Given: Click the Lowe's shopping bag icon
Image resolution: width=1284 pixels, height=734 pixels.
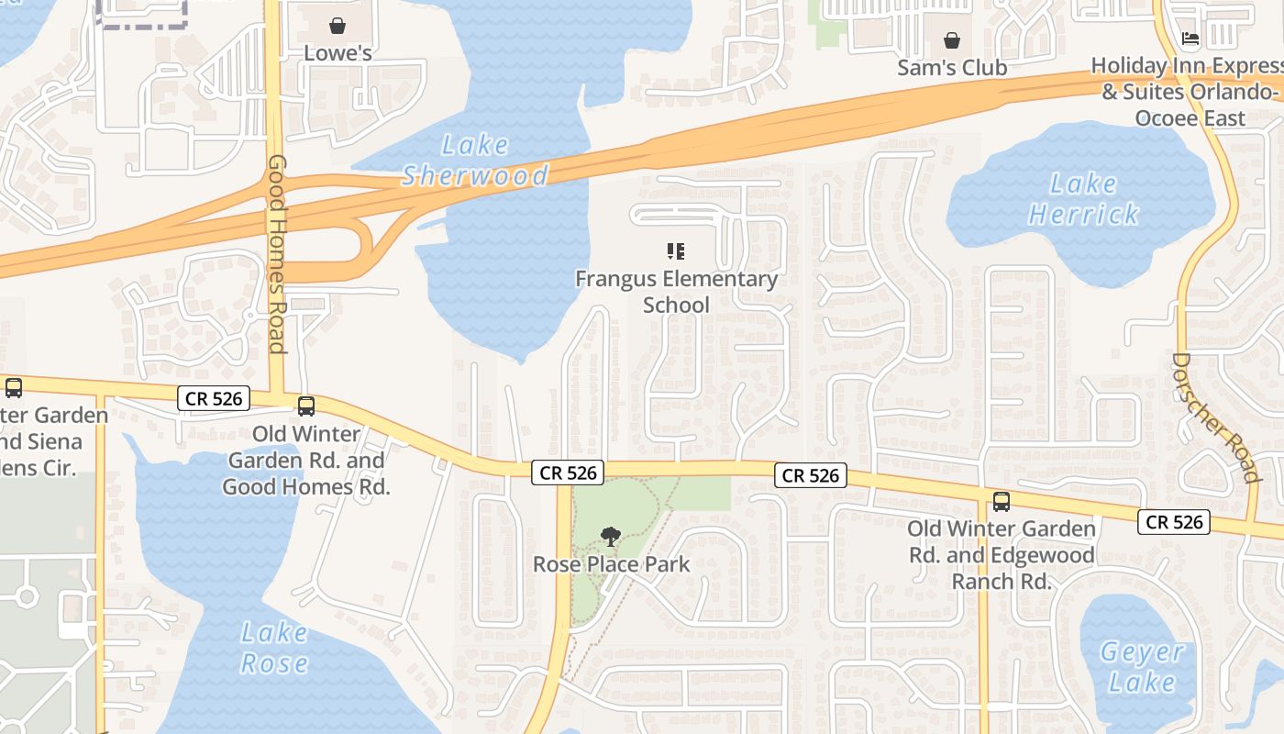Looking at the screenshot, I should point(338,25).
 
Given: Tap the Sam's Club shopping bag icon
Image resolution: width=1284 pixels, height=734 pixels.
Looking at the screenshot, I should point(952,40).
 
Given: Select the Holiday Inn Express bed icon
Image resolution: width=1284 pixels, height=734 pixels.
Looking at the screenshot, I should point(1190,39).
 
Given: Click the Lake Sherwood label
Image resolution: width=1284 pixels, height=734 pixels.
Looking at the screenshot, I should point(474,160).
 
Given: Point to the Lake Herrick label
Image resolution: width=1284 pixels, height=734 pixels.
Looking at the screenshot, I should point(1083,199).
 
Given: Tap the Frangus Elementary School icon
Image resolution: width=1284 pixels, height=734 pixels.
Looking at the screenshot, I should point(676,250).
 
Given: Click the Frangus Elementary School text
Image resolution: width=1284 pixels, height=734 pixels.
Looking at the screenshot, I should point(676,291).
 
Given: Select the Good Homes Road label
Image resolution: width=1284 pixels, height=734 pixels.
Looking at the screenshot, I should point(277,253).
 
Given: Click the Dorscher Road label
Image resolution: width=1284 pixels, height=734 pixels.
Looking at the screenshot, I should point(1216,417).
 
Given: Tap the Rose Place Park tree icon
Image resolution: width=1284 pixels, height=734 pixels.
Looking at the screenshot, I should point(610,537).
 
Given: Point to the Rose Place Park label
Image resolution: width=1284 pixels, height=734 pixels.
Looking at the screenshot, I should point(611,564).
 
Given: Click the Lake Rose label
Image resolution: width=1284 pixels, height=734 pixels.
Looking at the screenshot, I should point(274,647).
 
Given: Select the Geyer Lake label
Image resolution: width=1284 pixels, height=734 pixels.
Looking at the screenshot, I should point(1141,667).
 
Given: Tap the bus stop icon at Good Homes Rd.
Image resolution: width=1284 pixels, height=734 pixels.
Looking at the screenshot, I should point(306,406).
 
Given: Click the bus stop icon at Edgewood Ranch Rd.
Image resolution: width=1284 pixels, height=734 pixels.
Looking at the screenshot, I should point(1001,502).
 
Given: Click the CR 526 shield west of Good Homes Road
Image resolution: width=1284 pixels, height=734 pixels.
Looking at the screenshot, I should point(214,397).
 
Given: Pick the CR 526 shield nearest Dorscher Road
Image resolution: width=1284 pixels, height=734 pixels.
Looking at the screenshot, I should point(1174,522).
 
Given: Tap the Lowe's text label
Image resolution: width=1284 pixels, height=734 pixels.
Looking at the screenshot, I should point(338,53).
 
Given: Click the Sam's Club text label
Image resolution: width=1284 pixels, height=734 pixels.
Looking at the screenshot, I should point(952,68).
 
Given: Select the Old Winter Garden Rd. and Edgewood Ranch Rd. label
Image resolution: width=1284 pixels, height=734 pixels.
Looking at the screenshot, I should point(1001,555).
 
